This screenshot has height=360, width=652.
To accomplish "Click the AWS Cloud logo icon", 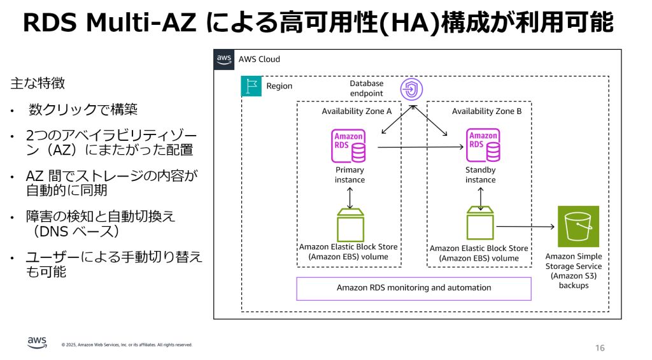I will click(223, 59).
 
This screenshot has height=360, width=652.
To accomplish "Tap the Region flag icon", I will click(251, 86).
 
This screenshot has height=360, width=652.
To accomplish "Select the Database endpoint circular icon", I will click(411, 89).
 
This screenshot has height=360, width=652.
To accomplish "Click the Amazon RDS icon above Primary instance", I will click(349, 146).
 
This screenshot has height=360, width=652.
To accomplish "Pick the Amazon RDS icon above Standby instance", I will click(483, 146).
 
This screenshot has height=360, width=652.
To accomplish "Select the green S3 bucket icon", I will click(578, 226).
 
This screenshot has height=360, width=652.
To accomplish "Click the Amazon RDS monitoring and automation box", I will click(414, 288).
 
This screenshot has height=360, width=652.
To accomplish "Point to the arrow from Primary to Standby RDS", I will click(420, 147).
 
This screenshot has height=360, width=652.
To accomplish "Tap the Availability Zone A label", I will click(357, 112).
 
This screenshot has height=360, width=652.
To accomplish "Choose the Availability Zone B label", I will click(486, 112).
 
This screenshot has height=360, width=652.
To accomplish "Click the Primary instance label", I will click(350, 175).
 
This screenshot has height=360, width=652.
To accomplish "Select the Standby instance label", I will click(480, 175).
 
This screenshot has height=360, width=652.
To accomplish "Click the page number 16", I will click(600, 348).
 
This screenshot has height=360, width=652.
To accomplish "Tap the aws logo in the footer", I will click(38, 342).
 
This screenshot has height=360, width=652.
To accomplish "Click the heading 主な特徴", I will click(38, 83).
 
